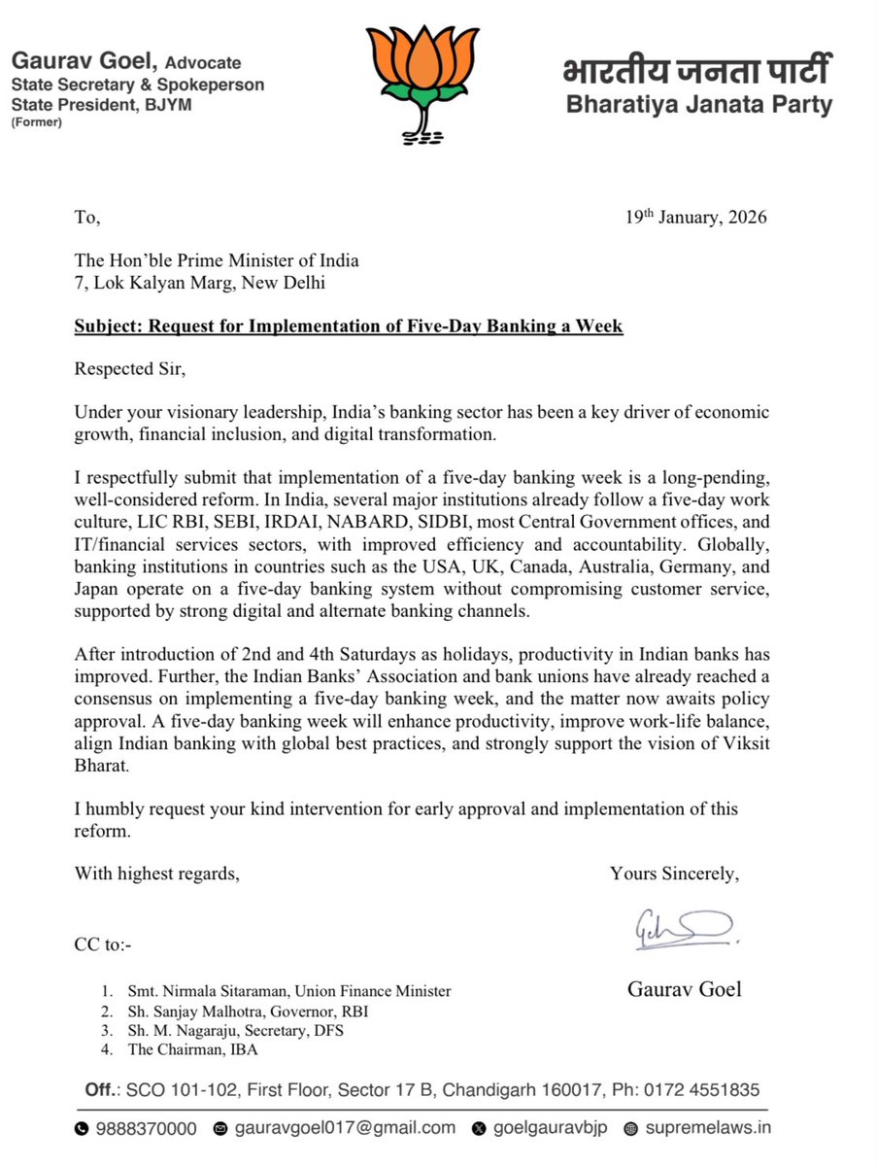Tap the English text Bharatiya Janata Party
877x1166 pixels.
point(699,105)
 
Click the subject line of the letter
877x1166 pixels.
point(349,326)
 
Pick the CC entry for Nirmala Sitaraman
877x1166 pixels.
point(289,991)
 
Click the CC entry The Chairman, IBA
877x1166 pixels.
point(190,1049)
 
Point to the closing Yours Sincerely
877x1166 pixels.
point(674,874)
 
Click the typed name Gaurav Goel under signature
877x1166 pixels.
point(684,990)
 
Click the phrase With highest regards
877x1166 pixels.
point(156,874)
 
